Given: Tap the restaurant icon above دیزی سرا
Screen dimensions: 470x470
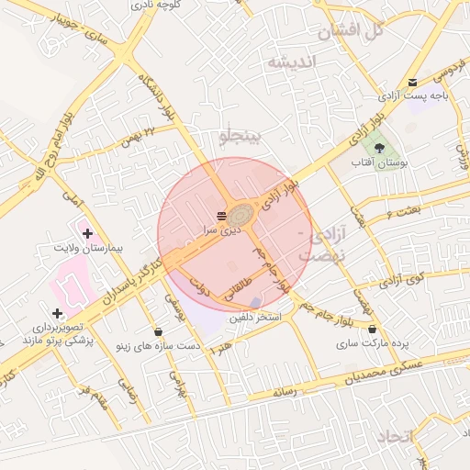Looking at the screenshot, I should click(220, 216).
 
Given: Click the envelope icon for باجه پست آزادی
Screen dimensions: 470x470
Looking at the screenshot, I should click(411, 82).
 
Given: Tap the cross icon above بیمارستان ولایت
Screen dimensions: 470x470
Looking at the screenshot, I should click(87, 234).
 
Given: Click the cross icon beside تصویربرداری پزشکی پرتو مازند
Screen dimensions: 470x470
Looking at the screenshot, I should click(58, 313).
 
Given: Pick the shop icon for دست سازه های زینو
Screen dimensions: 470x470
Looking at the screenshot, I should click(159, 331).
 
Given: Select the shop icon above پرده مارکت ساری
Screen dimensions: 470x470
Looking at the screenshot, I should click(372, 328).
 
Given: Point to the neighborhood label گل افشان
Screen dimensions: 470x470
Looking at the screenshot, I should click(350, 32).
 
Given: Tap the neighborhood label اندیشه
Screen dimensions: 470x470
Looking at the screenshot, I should click(291, 62).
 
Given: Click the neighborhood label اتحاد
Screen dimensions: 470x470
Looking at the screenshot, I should click(396, 435).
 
